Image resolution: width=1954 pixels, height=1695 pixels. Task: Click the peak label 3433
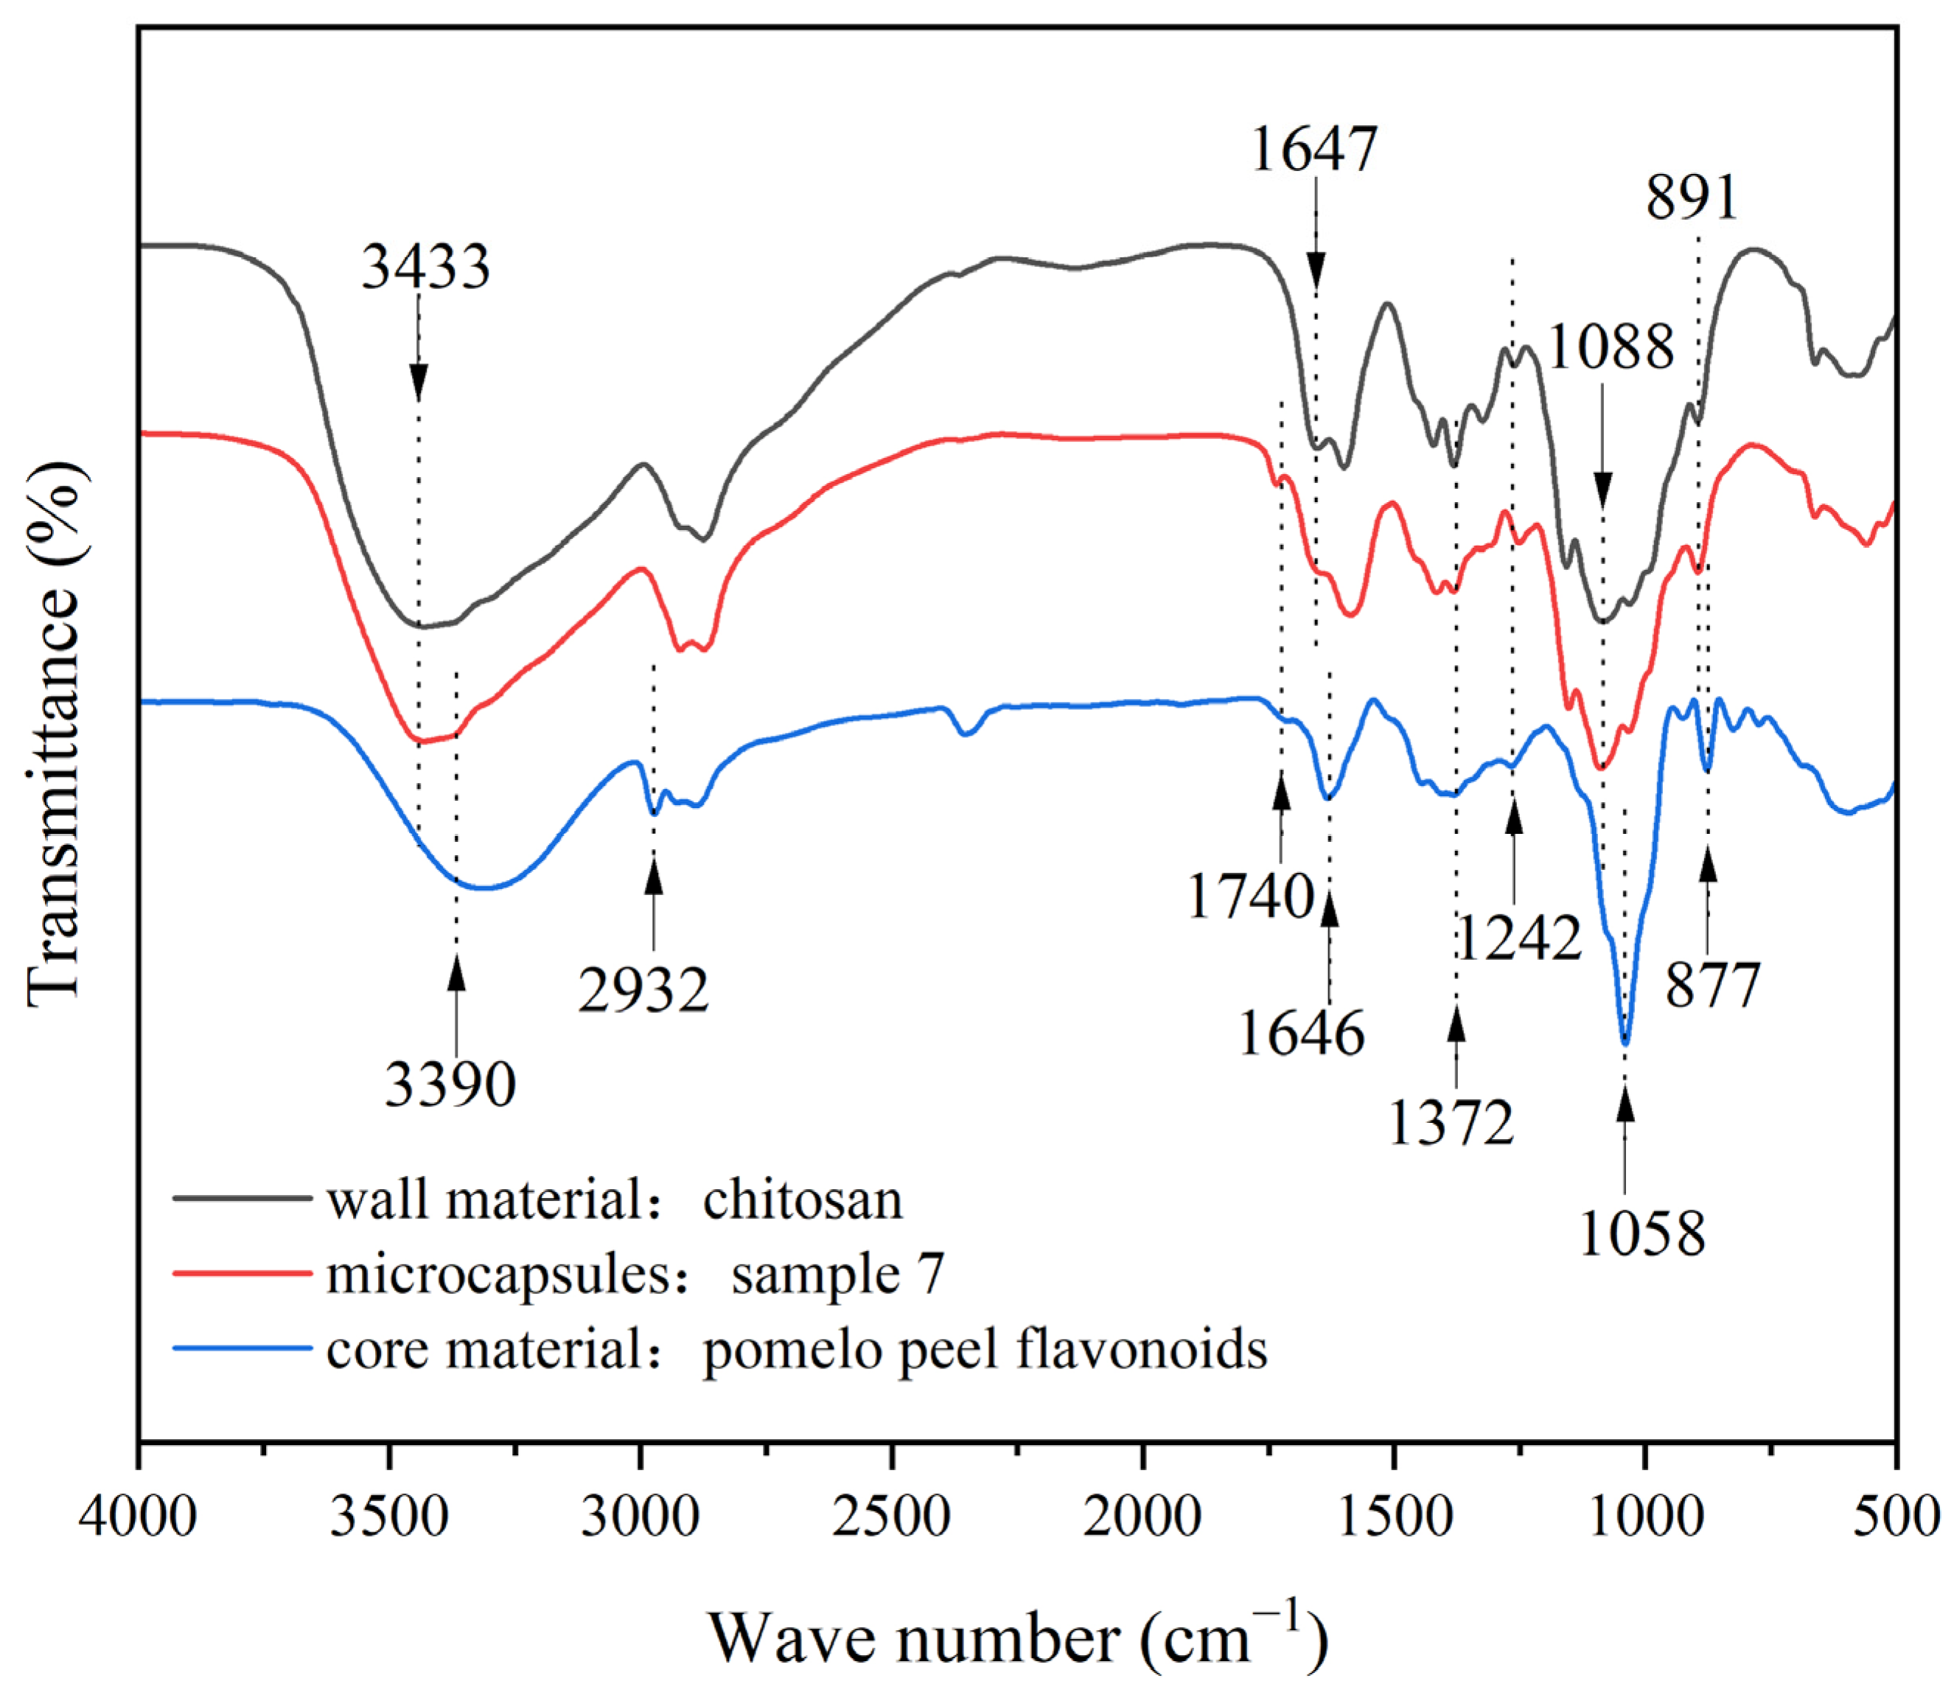[425, 268]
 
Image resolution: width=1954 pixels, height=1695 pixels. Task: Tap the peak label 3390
[450, 1085]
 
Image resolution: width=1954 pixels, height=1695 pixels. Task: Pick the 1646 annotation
[1302, 1033]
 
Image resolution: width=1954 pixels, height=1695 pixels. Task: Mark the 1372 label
[1451, 1124]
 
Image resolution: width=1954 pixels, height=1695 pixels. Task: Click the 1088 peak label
[1611, 347]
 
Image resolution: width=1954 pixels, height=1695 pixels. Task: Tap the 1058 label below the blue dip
[1642, 1233]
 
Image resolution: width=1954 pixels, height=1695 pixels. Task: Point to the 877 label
[1713, 986]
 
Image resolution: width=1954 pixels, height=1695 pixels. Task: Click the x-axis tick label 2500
[892, 1518]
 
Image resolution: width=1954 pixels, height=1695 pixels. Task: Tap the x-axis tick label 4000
[138, 1518]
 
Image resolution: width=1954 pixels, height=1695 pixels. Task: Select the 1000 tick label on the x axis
[1647, 1518]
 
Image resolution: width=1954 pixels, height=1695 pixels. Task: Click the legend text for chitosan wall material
[615, 1201]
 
